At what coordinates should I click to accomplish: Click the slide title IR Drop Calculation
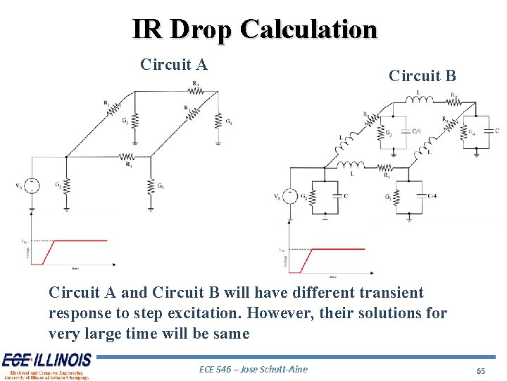tap(254, 29)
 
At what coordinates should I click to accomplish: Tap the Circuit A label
tap(174, 65)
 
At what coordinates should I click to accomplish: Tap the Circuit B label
tap(423, 75)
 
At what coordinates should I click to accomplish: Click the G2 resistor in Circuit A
tap(65, 186)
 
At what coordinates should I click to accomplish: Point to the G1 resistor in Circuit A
tap(151, 186)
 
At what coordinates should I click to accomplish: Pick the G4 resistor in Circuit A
tap(219, 121)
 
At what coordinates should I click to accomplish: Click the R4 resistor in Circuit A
tap(127, 157)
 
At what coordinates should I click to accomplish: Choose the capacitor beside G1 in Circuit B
tap(421, 195)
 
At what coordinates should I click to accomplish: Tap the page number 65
tap(482, 370)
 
